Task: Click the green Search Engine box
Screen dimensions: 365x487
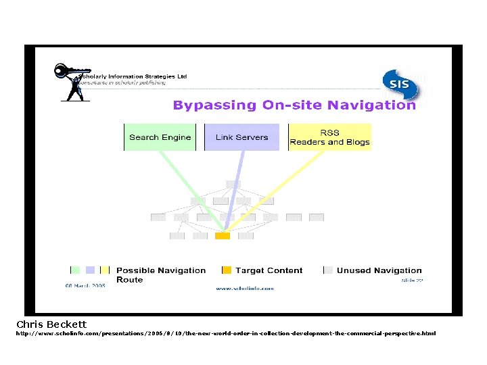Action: point(160,137)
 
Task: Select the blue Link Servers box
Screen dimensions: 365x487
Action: point(241,137)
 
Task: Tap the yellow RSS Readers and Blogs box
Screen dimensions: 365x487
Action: point(329,137)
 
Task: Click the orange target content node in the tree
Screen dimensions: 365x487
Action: point(223,236)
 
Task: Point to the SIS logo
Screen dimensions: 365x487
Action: point(400,85)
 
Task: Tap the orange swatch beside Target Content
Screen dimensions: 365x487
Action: point(227,270)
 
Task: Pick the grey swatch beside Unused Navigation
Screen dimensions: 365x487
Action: point(328,270)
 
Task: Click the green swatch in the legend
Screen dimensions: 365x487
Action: point(75,270)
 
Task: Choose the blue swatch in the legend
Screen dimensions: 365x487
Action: point(89,270)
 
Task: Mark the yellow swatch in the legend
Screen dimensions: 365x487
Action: point(104,270)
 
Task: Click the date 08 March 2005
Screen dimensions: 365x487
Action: point(85,286)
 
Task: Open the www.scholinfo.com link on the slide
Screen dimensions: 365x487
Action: point(244,289)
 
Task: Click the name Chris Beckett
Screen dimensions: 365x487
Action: point(51,324)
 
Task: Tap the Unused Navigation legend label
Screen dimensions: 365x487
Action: point(379,270)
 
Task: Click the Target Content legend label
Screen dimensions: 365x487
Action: point(269,270)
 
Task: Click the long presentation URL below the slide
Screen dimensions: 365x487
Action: point(226,333)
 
